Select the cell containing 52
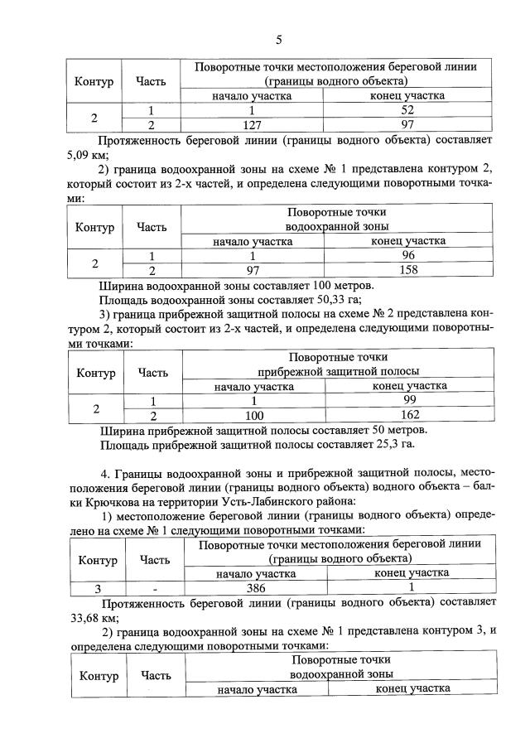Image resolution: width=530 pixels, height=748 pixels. point(407,110)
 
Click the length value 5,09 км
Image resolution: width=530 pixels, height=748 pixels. point(73,153)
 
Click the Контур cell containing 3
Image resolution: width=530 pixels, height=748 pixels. point(98,587)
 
